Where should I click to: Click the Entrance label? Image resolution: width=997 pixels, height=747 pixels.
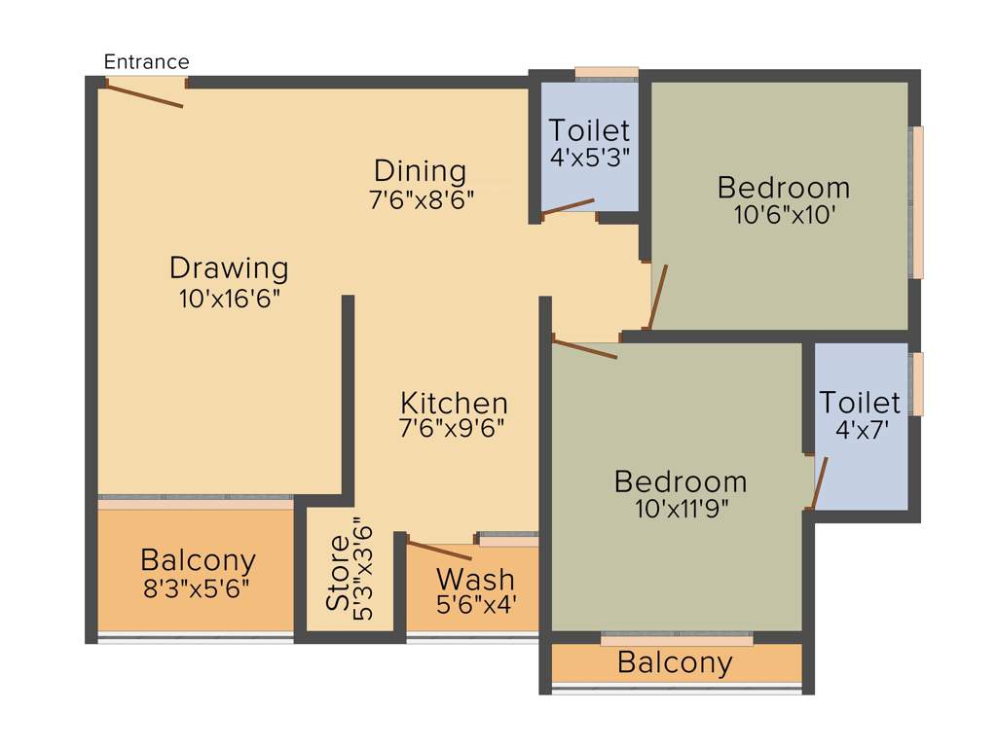(x=146, y=62)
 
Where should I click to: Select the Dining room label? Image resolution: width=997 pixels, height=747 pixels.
(x=421, y=171)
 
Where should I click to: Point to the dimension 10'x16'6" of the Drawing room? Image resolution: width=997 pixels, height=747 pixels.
(x=230, y=299)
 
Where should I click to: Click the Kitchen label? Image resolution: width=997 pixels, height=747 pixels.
(x=454, y=402)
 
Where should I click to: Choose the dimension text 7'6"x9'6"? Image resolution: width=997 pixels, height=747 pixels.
(x=454, y=427)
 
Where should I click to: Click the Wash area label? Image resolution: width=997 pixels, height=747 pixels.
(x=476, y=579)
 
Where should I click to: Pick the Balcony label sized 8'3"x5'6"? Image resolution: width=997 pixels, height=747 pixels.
(x=198, y=560)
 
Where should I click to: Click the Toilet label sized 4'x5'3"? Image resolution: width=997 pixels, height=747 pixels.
(x=589, y=129)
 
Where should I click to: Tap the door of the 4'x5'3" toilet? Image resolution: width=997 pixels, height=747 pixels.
(x=568, y=207)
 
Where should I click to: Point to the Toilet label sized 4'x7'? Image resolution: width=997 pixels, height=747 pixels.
(x=860, y=402)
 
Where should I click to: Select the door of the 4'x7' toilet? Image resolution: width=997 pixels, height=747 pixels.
(x=819, y=482)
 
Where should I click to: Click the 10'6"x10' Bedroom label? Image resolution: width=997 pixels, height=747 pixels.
(x=783, y=187)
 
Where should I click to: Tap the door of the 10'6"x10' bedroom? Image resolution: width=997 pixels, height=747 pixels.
(x=659, y=297)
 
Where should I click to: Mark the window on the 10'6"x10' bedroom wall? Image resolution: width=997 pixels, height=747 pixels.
(x=916, y=202)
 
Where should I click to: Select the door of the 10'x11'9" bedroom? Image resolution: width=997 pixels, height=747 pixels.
(x=584, y=348)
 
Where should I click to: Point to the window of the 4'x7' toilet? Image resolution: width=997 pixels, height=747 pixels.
(x=916, y=384)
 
